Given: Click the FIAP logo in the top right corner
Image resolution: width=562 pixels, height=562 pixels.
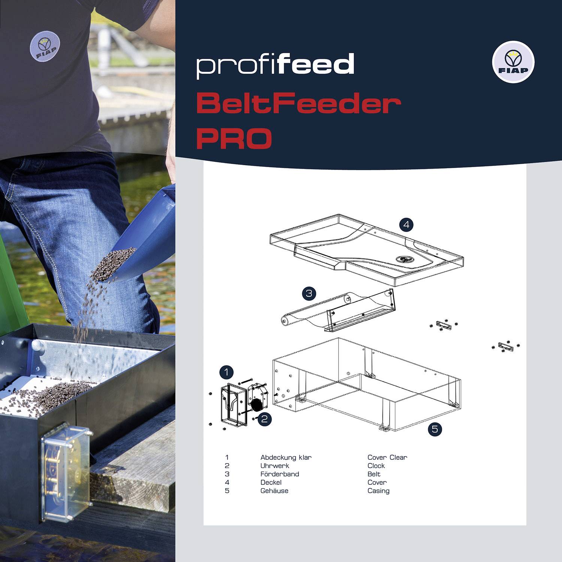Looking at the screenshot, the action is tap(513, 62).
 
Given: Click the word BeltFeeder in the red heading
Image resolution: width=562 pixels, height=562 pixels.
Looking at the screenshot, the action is tap(298, 104).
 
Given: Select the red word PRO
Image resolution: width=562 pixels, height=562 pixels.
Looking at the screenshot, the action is tap(234, 138).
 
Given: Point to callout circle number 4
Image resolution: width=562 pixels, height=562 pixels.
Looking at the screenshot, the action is tap(406, 225).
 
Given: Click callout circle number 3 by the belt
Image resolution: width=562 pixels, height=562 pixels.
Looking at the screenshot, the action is tap(309, 293).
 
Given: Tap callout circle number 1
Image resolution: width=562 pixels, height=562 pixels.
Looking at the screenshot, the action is tap(226, 372).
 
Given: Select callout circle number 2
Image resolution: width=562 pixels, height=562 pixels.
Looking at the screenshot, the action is tap(265, 419).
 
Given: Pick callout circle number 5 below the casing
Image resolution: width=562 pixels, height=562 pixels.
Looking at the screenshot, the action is tap(435, 429).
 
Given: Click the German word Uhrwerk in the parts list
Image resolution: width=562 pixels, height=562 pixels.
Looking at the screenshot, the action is tap(275, 466).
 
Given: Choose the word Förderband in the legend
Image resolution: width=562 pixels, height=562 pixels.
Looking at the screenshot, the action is tap(280, 474).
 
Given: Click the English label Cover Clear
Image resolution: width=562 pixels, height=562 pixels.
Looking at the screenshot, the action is tap(387, 457).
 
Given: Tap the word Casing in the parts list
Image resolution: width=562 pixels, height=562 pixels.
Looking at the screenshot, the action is tap(378, 491).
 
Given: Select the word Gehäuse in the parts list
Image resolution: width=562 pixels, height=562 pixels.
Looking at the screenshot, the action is tap(274, 491).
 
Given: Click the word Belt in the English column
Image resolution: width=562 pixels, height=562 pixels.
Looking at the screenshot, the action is tap(374, 474).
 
